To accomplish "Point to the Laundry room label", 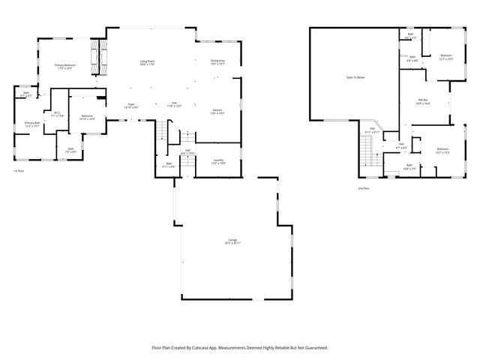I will pos(218,161).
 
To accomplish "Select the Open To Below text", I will pos(355,77).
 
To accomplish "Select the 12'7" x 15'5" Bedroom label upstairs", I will pos(445,57).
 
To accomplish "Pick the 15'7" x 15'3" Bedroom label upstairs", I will pos(442,151).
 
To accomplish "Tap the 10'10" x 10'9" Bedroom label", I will pos(87,117).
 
